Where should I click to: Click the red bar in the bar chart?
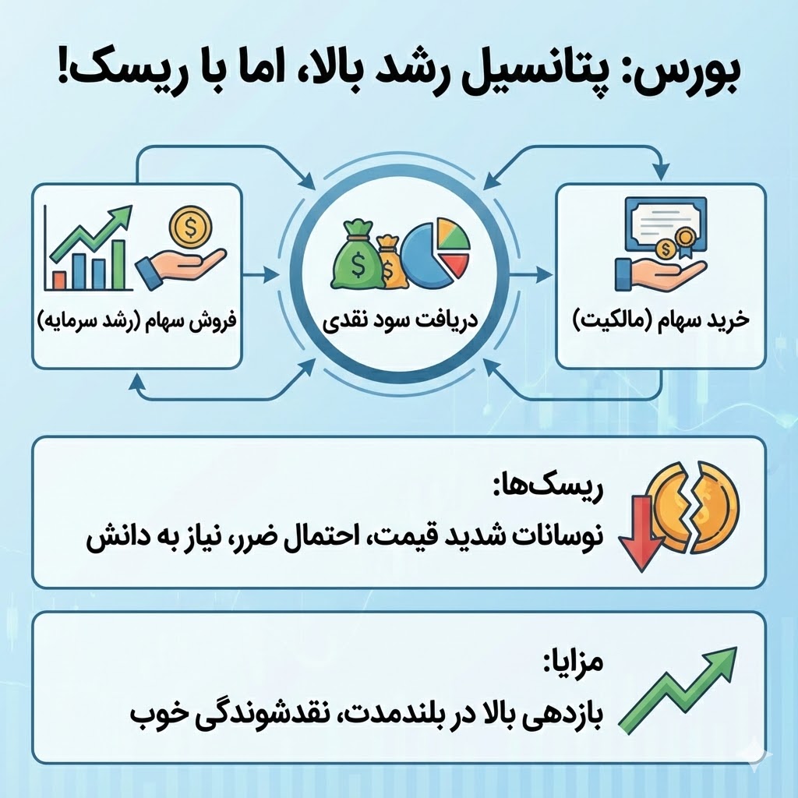(x=59, y=278)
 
